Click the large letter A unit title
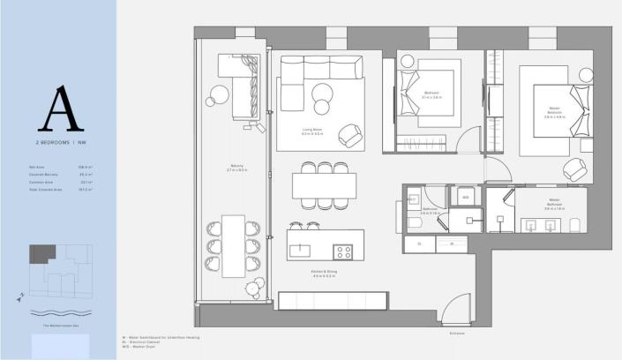[x=59, y=109]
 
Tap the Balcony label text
[x=236, y=168]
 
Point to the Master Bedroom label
[x=554, y=111]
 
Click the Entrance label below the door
[x=455, y=333]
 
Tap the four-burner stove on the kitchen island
[x=343, y=251]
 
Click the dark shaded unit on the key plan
[x=42, y=254]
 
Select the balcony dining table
[x=234, y=245]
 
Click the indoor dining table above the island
[x=324, y=185]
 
